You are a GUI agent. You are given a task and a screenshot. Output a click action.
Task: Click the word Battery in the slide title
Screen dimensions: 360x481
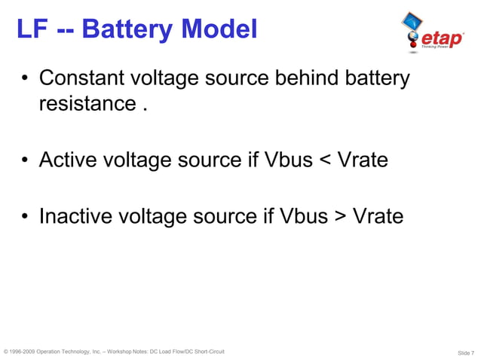point(127,29)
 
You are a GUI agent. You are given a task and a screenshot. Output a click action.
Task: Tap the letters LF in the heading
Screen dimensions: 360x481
point(29,29)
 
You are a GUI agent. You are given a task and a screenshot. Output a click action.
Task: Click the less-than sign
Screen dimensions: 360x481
point(325,160)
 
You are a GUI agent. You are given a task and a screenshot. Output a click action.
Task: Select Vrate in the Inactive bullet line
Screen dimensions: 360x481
point(378,217)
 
